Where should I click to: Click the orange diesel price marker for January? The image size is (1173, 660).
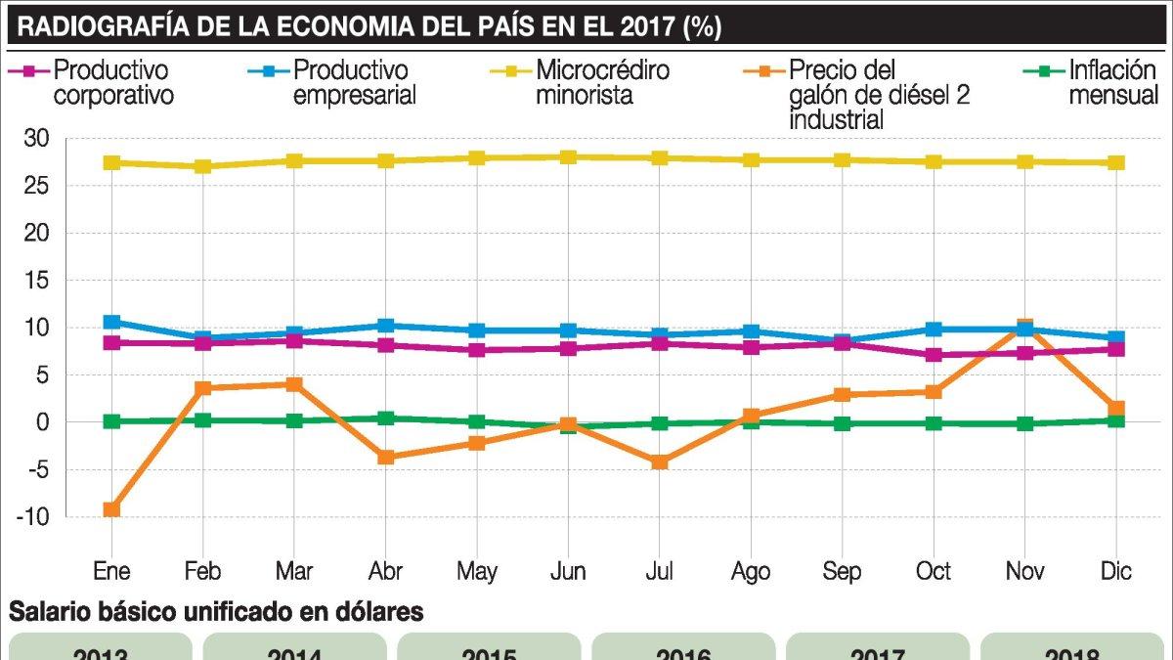111,509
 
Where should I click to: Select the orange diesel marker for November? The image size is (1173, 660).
1024,327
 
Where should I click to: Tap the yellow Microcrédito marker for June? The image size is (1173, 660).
568,157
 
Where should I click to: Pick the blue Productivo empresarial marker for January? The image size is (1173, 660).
111,322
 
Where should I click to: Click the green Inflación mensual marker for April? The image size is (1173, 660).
385,418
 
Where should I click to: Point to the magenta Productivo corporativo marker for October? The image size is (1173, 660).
934,355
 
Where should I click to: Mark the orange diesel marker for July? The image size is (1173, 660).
660,462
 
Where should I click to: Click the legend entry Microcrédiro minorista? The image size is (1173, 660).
600,83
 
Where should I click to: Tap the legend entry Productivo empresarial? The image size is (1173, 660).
353,83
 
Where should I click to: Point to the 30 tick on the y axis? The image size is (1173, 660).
37,140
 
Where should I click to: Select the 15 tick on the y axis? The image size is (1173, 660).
37,281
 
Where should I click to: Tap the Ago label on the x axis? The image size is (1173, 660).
751,571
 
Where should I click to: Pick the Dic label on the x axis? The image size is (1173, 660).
1115,571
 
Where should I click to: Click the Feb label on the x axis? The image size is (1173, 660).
202,571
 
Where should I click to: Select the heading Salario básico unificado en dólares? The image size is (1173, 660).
217,613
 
